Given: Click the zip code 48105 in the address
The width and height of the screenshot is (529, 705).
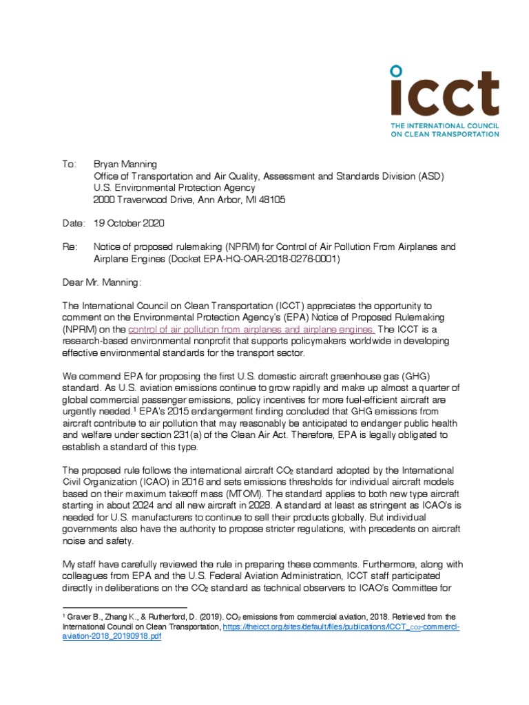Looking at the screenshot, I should point(270,200).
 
